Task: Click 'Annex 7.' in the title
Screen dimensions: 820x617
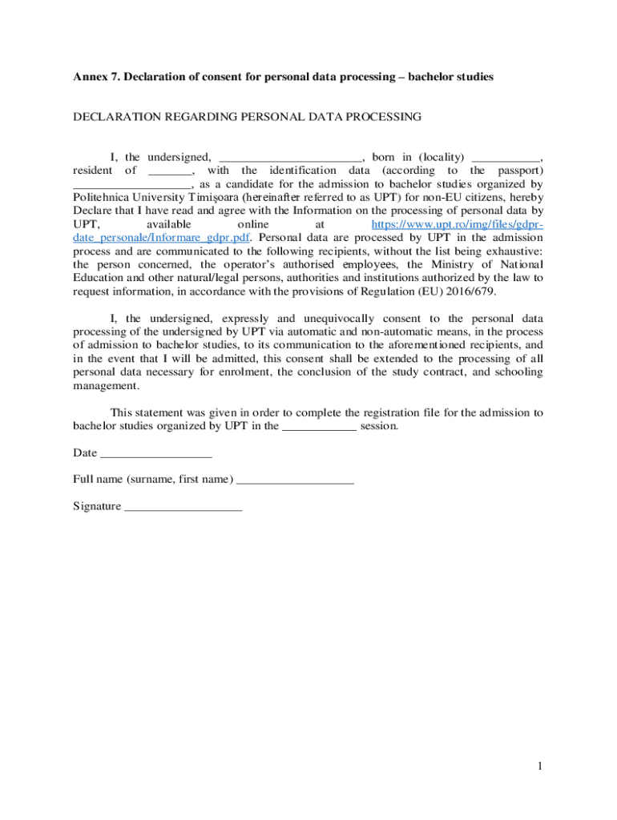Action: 95,77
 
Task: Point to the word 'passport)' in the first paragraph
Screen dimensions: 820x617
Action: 520,171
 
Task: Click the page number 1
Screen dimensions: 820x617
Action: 541,766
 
